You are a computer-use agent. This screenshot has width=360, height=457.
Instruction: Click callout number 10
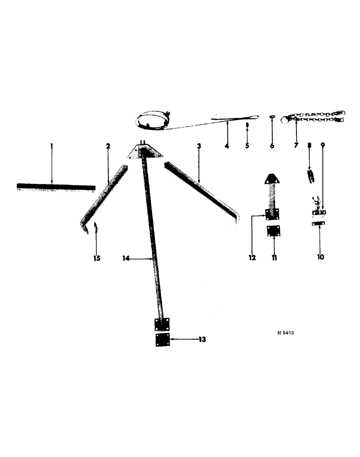pyautogui.click(x=320, y=257)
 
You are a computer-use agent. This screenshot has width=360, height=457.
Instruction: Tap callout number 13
pyautogui.click(x=202, y=340)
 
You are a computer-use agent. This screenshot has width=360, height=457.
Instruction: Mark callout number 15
pyautogui.click(x=96, y=259)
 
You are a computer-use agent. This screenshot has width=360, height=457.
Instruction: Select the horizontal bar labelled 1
pyautogui.click(x=56, y=187)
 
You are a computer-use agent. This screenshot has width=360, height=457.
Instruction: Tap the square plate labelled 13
pyautogui.click(x=162, y=340)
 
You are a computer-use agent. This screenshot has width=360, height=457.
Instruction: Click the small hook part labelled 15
pyautogui.click(x=96, y=227)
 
